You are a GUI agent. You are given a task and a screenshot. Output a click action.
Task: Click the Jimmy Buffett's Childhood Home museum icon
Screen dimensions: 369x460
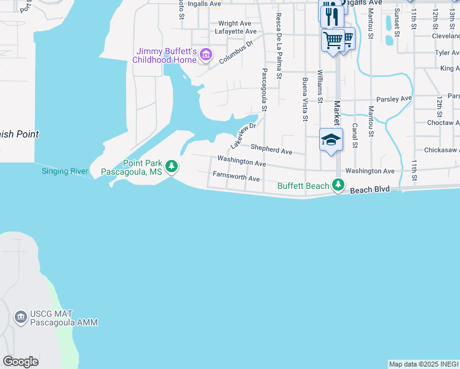click(x=205, y=56)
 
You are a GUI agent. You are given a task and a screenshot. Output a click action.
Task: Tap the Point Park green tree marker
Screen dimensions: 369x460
click(x=172, y=166)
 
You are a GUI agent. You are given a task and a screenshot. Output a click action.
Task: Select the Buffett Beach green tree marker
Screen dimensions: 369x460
click(x=337, y=184)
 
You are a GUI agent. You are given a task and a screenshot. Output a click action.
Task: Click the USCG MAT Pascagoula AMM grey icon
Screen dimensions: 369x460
click(x=20, y=317)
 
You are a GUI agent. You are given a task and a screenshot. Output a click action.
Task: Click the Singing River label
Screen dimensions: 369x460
click(x=65, y=171)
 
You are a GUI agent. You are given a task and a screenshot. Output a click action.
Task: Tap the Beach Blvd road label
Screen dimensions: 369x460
click(x=370, y=190)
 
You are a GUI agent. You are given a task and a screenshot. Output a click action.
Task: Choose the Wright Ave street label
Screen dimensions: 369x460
click(x=234, y=23)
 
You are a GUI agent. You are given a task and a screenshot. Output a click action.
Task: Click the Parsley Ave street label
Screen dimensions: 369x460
click(x=394, y=98)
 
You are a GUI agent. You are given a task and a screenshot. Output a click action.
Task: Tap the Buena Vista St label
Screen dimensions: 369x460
click(x=305, y=100)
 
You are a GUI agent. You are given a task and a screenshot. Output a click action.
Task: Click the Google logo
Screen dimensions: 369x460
click(x=20, y=362)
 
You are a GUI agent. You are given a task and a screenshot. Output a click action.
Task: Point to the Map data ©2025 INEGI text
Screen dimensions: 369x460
click(x=424, y=364)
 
